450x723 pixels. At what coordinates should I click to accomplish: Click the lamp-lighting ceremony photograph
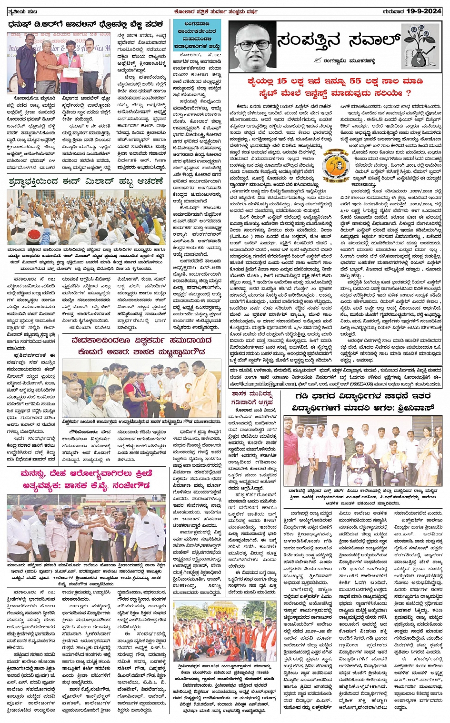pyautogui.click(x=142, y=388)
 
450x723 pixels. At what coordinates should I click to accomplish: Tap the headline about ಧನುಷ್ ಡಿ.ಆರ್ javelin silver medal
pyautogui.click(x=86, y=24)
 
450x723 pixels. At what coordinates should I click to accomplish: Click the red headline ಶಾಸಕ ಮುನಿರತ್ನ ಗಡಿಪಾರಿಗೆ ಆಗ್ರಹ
pyautogui.click(x=252, y=398)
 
